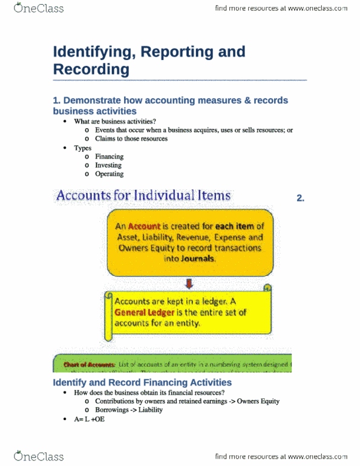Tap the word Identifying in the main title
90,51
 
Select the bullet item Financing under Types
109,156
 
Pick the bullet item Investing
108,165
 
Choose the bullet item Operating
109,174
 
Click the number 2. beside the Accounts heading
301,198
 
